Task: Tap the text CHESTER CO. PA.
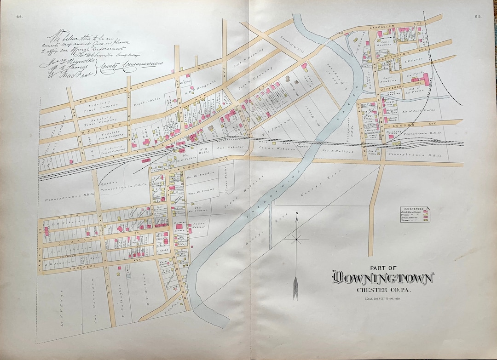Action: [x=382, y=289]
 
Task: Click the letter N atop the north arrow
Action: [x=297, y=213]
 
